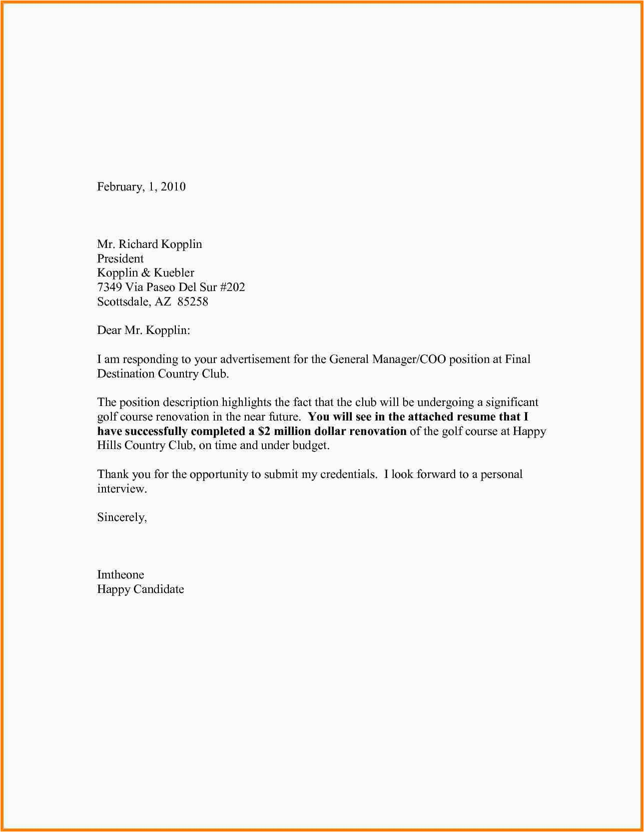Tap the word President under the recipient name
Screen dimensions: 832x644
[x=120, y=258]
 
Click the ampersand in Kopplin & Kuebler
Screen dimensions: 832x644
[x=146, y=272]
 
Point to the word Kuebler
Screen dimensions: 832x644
[x=174, y=272]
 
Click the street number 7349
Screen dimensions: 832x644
[x=109, y=287]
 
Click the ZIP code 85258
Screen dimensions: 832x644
[x=193, y=301]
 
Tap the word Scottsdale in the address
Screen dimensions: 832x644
[x=123, y=301]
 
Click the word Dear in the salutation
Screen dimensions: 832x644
[x=109, y=330]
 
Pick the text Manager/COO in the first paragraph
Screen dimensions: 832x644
[x=409, y=359]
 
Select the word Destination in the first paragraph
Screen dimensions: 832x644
[x=126, y=373]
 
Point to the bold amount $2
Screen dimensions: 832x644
[x=264, y=431]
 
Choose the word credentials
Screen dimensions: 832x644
[x=348, y=474]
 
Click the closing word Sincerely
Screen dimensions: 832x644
[x=122, y=517]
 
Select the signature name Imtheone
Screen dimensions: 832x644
[x=120, y=574]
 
